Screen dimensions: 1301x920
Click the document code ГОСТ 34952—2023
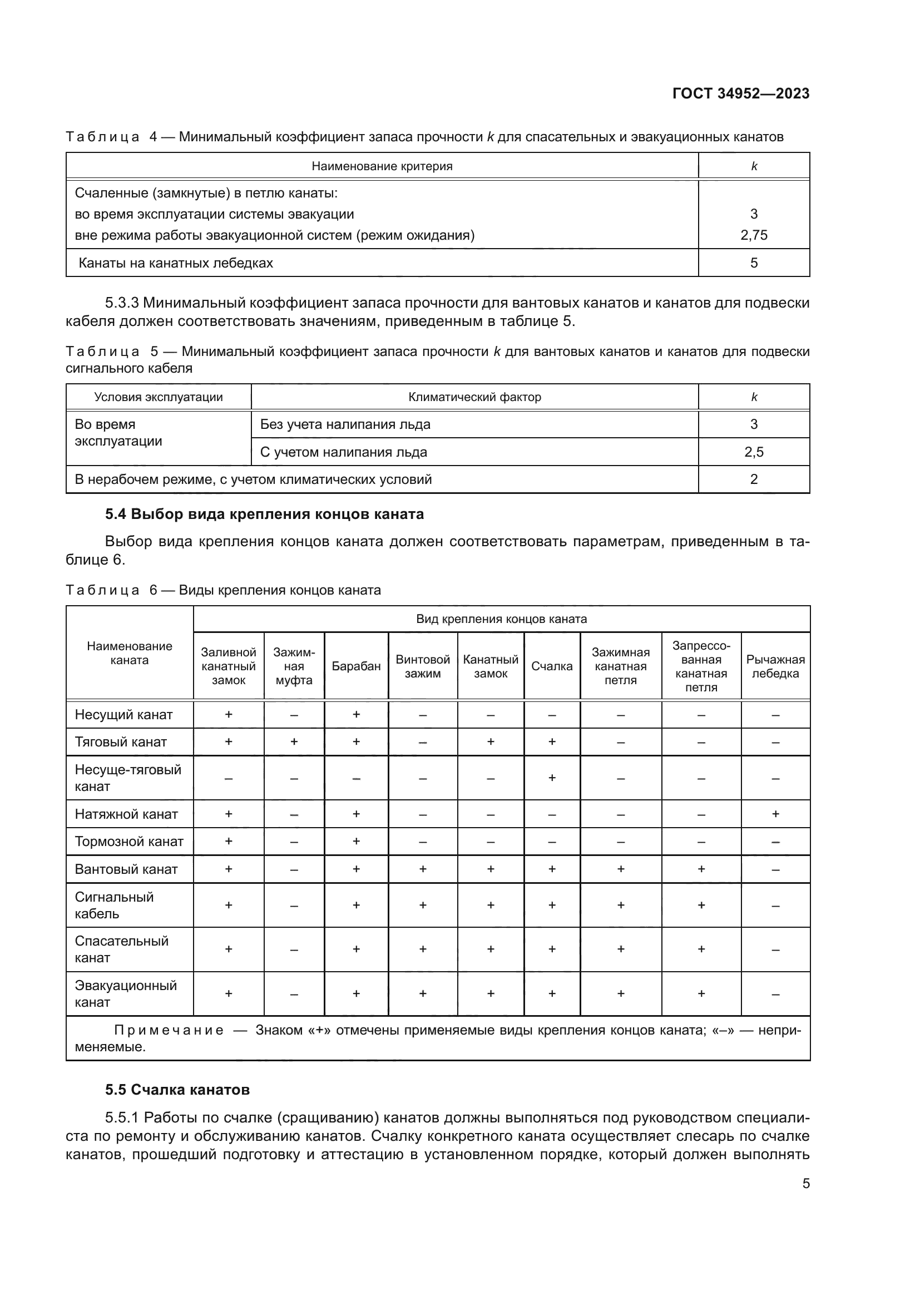click(x=740, y=93)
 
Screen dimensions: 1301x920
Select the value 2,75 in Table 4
click(x=754, y=235)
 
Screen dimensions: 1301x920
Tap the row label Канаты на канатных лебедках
click(x=176, y=263)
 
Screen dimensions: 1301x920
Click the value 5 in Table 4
click(x=754, y=263)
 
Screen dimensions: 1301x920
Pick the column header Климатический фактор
click(x=474, y=397)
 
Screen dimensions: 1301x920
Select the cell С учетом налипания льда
click(x=343, y=452)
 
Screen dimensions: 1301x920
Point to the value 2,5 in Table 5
click(x=754, y=452)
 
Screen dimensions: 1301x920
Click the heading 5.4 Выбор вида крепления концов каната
click(x=264, y=514)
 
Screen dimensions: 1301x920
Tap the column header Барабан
click(x=356, y=666)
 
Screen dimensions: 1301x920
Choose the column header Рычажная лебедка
click(x=775, y=666)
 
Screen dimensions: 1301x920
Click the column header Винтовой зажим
click(x=423, y=666)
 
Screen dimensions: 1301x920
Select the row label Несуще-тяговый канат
click(x=128, y=778)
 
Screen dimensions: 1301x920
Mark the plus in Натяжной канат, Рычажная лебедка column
click(x=775, y=814)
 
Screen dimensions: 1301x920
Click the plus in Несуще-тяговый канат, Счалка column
click(x=552, y=778)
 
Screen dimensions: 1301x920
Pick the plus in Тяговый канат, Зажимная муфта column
click(x=294, y=742)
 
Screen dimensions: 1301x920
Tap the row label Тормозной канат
click(x=129, y=842)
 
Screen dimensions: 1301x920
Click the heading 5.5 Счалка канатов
click(x=177, y=1090)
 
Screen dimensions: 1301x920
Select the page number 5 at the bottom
click(x=805, y=1184)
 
